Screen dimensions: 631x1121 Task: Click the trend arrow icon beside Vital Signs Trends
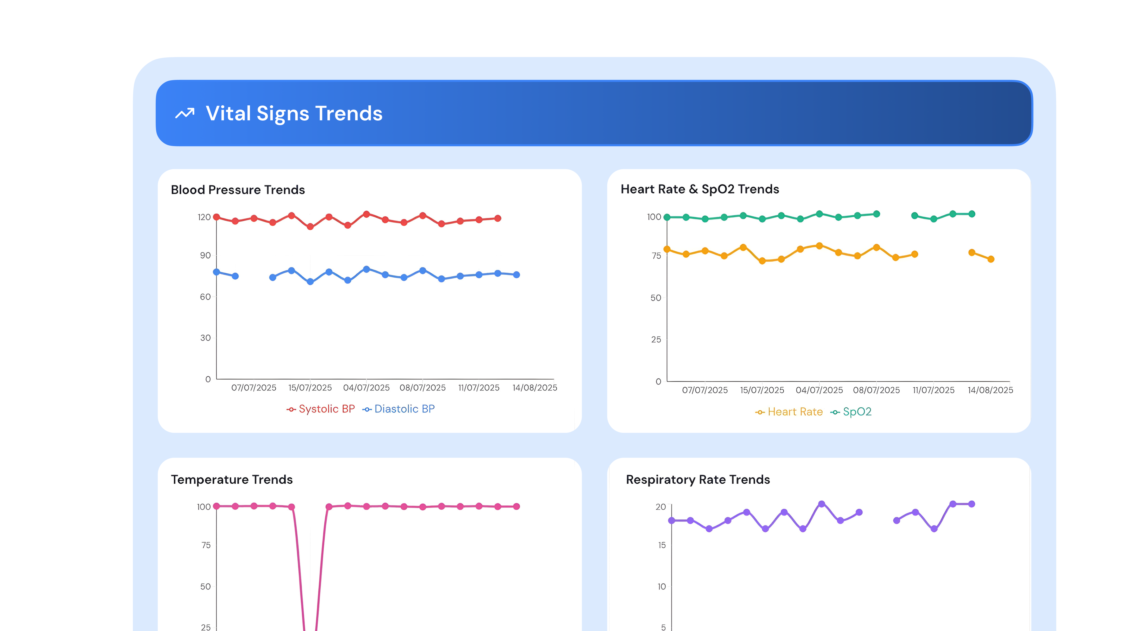184,114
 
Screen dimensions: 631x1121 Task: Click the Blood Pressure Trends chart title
238,190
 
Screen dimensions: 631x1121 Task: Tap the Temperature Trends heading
231,479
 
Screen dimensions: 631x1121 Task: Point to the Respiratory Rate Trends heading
698,479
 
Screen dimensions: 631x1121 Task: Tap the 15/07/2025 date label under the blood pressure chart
310,388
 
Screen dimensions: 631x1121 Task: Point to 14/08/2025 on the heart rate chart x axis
990,390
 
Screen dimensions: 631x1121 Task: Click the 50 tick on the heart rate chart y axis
655,298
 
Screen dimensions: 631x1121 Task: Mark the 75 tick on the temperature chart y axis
206,545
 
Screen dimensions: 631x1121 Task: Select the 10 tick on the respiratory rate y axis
661,587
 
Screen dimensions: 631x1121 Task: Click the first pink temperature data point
216,506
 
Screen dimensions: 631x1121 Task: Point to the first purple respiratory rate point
672,520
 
